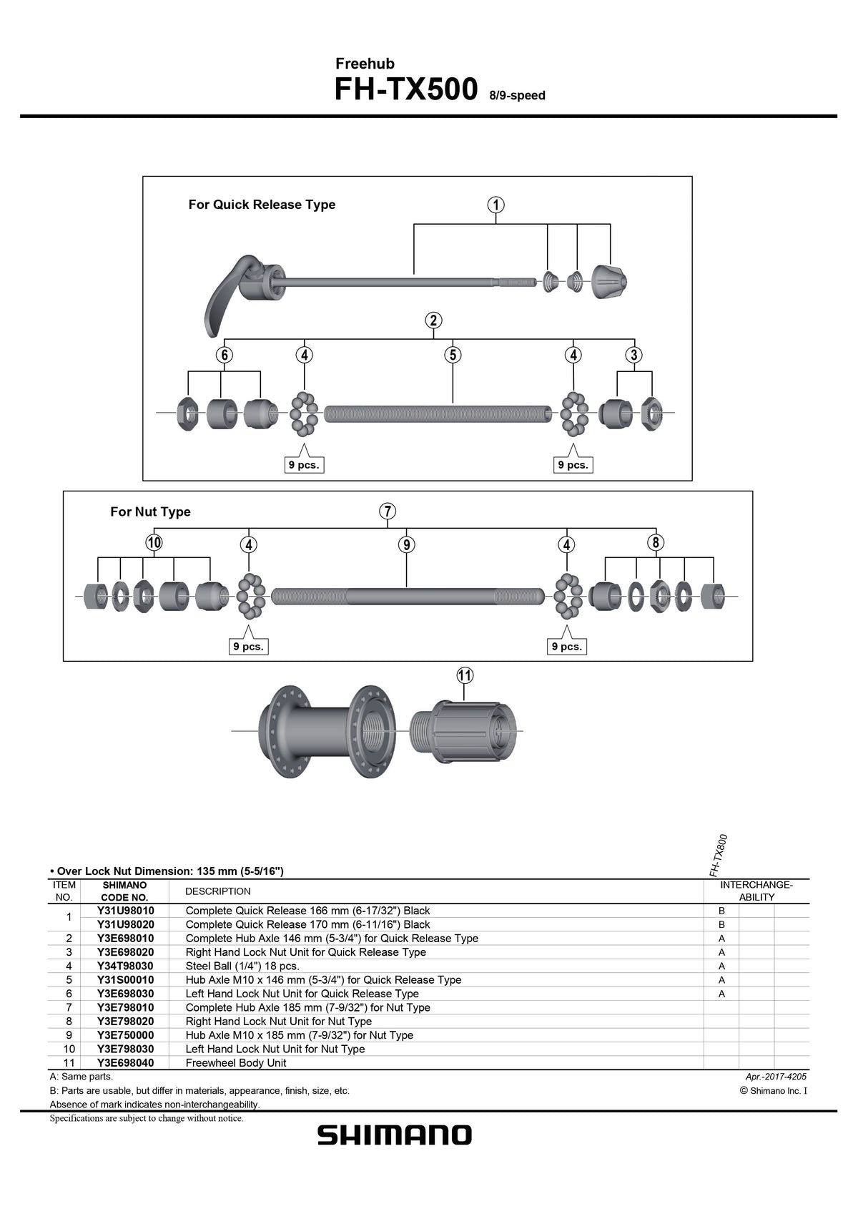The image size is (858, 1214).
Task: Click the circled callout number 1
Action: (496, 205)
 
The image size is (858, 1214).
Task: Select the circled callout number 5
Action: (452, 355)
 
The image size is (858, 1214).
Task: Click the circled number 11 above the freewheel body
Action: (465, 675)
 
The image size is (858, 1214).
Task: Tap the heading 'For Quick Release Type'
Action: (262, 205)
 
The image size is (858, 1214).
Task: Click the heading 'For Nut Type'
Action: (150, 512)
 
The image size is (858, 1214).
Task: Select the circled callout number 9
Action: (406, 545)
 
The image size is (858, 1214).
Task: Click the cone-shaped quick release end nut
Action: (609, 280)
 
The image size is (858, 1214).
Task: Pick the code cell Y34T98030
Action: (125, 966)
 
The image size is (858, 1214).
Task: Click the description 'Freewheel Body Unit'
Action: (236, 1062)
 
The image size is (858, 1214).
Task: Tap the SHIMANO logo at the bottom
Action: (395, 1135)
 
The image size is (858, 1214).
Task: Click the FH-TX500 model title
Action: (406, 91)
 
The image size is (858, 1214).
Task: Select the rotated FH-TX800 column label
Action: (719, 855)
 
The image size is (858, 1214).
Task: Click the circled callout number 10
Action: (154, 543)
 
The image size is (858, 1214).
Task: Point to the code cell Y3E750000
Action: (125, 1035)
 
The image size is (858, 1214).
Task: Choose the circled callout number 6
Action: (224, 355)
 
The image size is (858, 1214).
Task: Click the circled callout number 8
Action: (655, 542)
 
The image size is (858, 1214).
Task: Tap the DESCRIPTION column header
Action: (218, 891)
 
